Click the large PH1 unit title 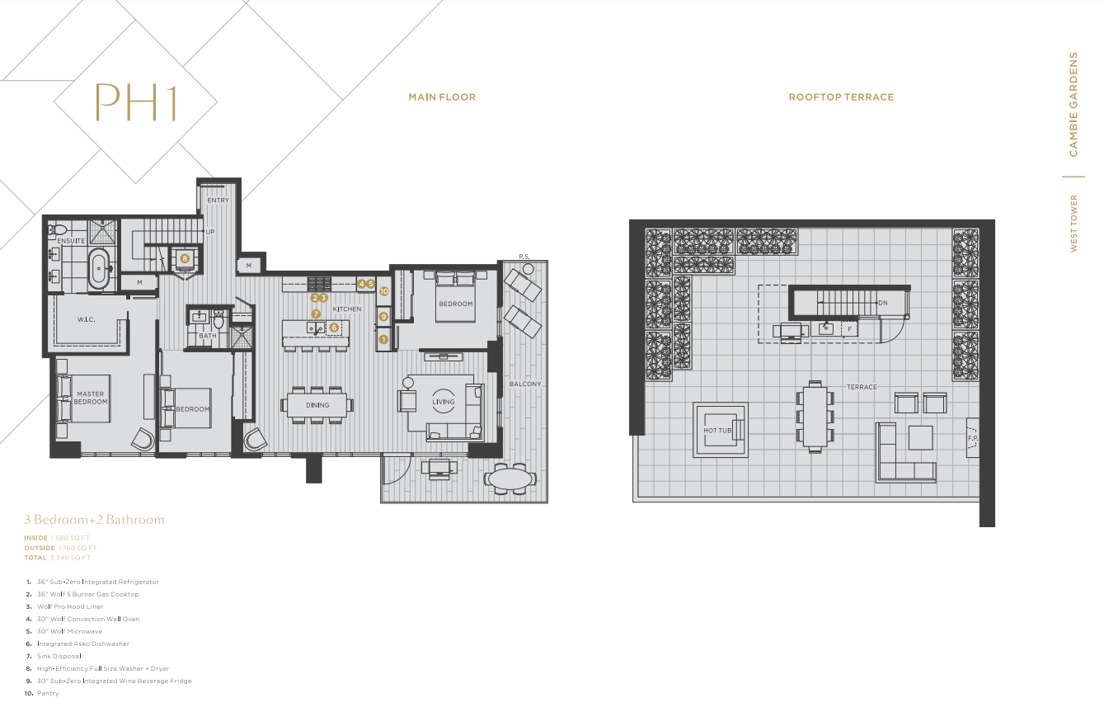[x=136, y=101]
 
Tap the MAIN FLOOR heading [x=442, y=97]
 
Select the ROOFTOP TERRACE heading [x=841, y=97]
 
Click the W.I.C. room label [x=87, y=319]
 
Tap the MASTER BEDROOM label [x=92, y=398]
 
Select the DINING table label [x=317, y=405]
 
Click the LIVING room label [x=444, y=403]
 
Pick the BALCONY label [x=525, y=384]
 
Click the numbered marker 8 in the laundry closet [x=185, y=258]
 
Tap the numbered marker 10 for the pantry [x=383, y=291]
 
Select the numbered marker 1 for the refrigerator [x=383, y=338]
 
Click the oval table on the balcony [x=509, y=479]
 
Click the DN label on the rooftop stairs [x=882, y=303]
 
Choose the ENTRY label [x=218, y=200]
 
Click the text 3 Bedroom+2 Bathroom [x=94, y=520]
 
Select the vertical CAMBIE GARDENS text [x=1073, y=105]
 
